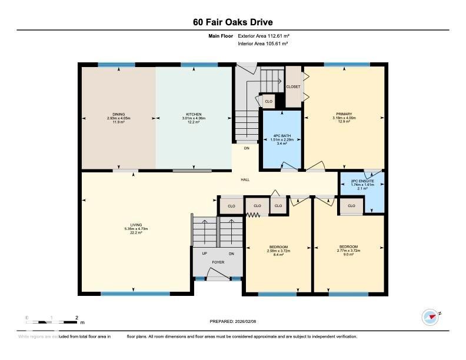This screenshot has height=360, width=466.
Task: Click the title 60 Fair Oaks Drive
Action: pyautogui.click(x=232, y=22)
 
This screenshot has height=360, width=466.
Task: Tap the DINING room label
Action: pyautogui.click(x=119, y=114)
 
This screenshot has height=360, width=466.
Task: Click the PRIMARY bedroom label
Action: pyautogui.click(x=344, y=114)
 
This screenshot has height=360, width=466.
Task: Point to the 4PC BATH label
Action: pyautogui.click(x=281, y=136)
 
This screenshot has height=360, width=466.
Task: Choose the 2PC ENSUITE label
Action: pyautogui.click(x=362, y=182)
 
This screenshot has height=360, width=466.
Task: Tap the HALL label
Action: pyautogui.click(x=245, y=179)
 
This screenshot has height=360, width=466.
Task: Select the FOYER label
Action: pyautogui.click(x=218, y=262)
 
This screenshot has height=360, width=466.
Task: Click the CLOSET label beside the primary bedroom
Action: pyautogui.click(x=293, y=86)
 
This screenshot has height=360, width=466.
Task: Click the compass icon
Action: pyautogui.click(x=431, y=317)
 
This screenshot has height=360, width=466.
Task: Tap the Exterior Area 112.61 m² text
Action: pyautogui.click(x=262, y=36)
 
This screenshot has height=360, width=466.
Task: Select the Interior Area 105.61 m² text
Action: pyautogui.click(x=262, y=44)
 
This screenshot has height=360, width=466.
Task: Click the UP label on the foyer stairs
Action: pyautogui.click(x=204, y=254)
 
